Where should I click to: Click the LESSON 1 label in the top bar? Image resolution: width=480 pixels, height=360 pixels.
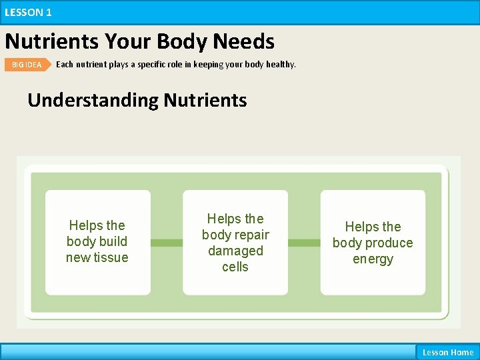[28, 12]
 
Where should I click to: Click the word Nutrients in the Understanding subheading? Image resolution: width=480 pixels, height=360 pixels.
[205, 100]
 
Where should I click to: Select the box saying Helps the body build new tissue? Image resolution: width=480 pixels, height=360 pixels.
[97, 242]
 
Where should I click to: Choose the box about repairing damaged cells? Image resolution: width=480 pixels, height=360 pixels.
[235, 242]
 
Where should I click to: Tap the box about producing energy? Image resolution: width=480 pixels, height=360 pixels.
[373, 242]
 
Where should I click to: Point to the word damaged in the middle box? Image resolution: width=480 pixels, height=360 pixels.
[235, 251]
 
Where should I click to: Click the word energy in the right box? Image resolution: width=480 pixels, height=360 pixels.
[373, 259]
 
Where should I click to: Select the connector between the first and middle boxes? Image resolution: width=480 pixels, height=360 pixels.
[167, 243]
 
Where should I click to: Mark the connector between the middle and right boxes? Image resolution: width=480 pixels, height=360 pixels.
[304, 243]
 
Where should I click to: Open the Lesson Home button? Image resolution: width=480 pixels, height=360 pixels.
[447, 352]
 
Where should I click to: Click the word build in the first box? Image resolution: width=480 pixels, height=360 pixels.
[115, 241]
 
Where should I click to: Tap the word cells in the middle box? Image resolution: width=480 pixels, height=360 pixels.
[235, 267]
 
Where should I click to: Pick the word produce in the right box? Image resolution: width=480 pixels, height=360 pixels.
[389, 243]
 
